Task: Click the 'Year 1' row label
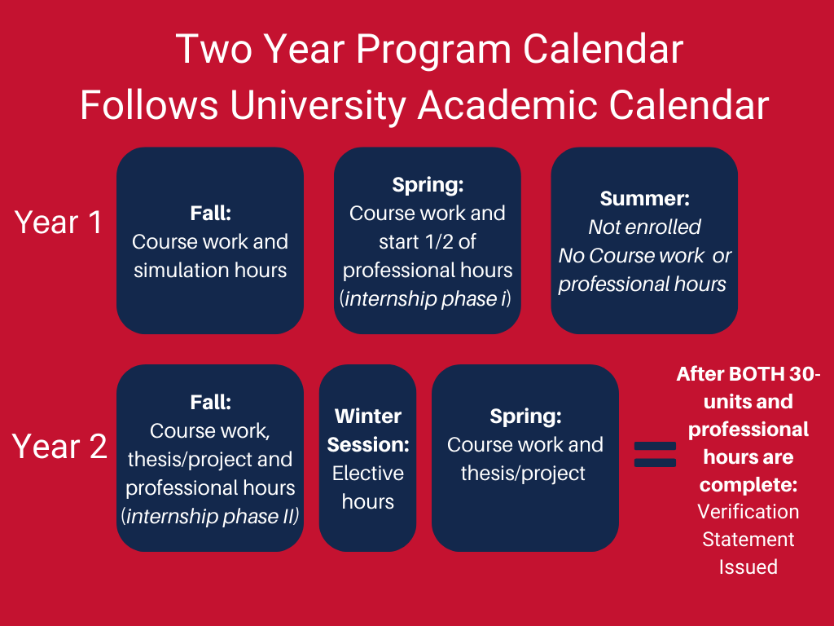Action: click(59, 222)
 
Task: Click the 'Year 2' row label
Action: click(59, 446)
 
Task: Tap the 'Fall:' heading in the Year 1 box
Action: click(211, 214)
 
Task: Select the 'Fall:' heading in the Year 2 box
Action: click(211, 403)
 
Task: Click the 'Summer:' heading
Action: click(645, 199)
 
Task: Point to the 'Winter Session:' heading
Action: click(368, 430)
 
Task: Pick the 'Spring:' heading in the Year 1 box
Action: click(428, 185)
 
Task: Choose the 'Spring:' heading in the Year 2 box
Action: click(525, 417)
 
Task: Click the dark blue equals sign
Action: click(656, 455)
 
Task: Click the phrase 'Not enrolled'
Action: click(644, 227)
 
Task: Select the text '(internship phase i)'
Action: click(425, 299)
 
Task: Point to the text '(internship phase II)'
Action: click(210, 516)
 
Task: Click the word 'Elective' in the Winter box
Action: click(368, 474)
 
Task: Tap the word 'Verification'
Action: click(748, 512)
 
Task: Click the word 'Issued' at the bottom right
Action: click(748, 567)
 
